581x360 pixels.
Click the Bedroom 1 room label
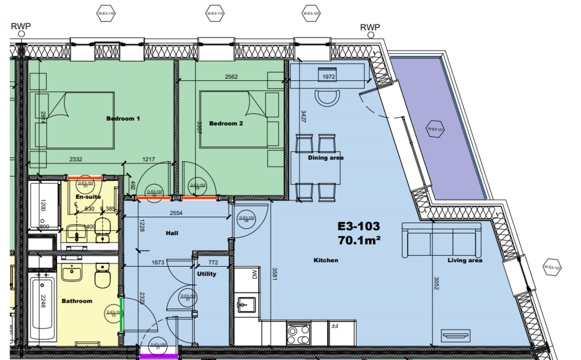point(123,118)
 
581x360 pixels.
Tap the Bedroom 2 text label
point(226,123)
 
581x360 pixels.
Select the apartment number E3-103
point(358,225)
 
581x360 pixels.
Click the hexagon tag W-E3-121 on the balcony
point(435,129)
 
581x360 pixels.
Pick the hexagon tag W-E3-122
point(551,267)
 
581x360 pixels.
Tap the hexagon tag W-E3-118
point(106,14)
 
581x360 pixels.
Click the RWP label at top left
point(20,27)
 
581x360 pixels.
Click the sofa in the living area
point(442,240)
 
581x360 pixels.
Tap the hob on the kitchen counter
point(299,332)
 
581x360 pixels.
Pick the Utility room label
point(206,274)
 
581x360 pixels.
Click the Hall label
point(171,233)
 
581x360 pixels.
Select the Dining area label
point(325,158)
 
